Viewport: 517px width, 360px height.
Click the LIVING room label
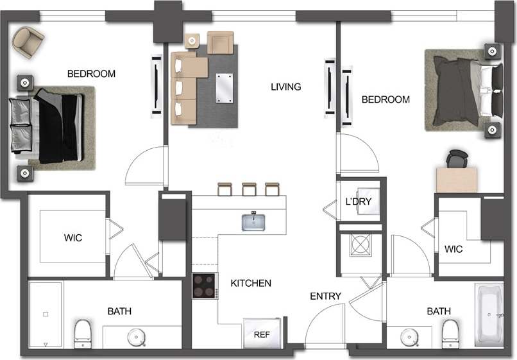pyautogui.click(x=285, y=87)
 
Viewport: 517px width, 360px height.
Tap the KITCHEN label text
pyautogui.click(x=251, y=283)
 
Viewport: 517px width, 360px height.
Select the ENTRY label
pyautogui.click(x=325, y=296)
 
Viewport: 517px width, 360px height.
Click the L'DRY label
pyautogui.click(x=359, y=201)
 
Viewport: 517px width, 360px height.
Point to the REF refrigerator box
pyautogui.click(x=261, y=334)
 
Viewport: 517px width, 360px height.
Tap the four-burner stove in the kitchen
pyautogui.click(x=205, y=286)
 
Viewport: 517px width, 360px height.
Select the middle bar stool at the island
pyautogui.click(x=250, y=189)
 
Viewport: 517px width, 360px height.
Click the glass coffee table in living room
pyautogui.click(x=225, y=88)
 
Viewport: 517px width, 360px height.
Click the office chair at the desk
pyautogui.click(x=456, y=159)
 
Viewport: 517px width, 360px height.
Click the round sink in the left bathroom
pyautogui.click(x=136, y=336)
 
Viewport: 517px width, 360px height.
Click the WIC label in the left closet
pyautogui.click(x=72, y=238)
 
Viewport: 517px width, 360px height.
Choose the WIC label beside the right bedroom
pyautogui.click(x=453, y=248)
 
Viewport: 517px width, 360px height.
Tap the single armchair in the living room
pyautogui.click(x=220, y=42)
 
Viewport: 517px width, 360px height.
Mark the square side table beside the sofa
pyautogui.click(x=192, y=41)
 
